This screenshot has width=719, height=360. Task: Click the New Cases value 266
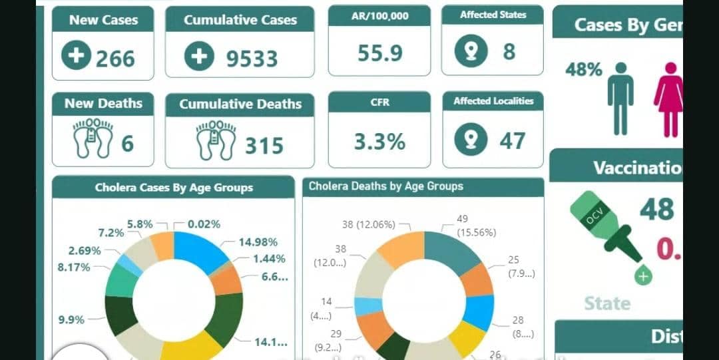tap(115, 59)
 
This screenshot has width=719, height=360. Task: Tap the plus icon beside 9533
tap(199, 57)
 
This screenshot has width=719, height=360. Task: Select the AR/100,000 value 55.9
tap(379, 53)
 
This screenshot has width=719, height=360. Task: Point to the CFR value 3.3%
tap(379, 142)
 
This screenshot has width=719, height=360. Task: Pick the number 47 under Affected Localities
tap(513, 141)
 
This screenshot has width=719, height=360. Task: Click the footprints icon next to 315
tap(216, 139)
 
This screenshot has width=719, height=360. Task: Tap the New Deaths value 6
tap(128, 142)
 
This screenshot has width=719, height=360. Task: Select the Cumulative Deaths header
tap(240, 104)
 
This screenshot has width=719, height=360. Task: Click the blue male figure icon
tap(620, 98)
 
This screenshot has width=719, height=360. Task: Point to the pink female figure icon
tap(668, 98)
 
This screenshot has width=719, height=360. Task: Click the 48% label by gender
tap(583, 70)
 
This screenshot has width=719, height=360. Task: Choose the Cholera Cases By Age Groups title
tap(174, 188)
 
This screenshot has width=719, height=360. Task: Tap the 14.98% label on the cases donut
tap(258, 242)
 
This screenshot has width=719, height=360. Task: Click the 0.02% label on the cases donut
tap(204, 224)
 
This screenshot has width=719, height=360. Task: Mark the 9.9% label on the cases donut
tap(72, 319)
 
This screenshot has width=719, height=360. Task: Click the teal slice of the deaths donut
tap(453, 250)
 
